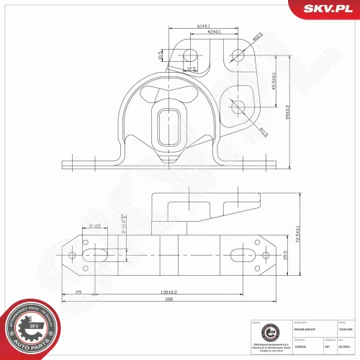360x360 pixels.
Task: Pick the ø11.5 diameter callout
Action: pyautogui.click(x=263, y=131)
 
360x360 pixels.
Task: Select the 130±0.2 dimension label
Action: pyautogui.click(x=169, y=291)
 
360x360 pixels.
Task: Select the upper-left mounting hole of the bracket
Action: pyautogui.click(x=190, y=55)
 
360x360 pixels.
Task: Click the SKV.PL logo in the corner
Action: pyautogui.click(x=327, y=9)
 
